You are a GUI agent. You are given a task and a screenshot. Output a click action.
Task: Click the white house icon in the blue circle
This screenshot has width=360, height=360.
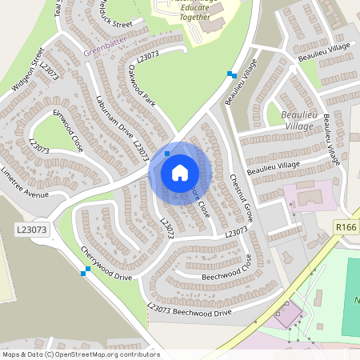click(179, 172)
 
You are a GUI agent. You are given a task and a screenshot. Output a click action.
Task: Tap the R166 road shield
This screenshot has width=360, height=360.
click(346, 228)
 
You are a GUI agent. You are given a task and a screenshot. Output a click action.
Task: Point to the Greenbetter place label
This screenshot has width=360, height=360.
click(104, 54)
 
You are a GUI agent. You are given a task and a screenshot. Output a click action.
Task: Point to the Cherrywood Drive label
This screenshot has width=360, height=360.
click(106, 263)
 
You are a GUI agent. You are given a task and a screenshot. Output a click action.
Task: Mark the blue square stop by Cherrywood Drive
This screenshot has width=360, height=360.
click(83, 274)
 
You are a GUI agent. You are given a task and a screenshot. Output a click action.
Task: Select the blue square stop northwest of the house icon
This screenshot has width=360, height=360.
click(166, 153)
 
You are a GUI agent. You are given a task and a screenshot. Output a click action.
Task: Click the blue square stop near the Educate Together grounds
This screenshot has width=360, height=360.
click(230, 74)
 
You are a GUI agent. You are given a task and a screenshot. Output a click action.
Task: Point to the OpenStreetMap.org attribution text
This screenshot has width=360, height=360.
click(80, 354)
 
